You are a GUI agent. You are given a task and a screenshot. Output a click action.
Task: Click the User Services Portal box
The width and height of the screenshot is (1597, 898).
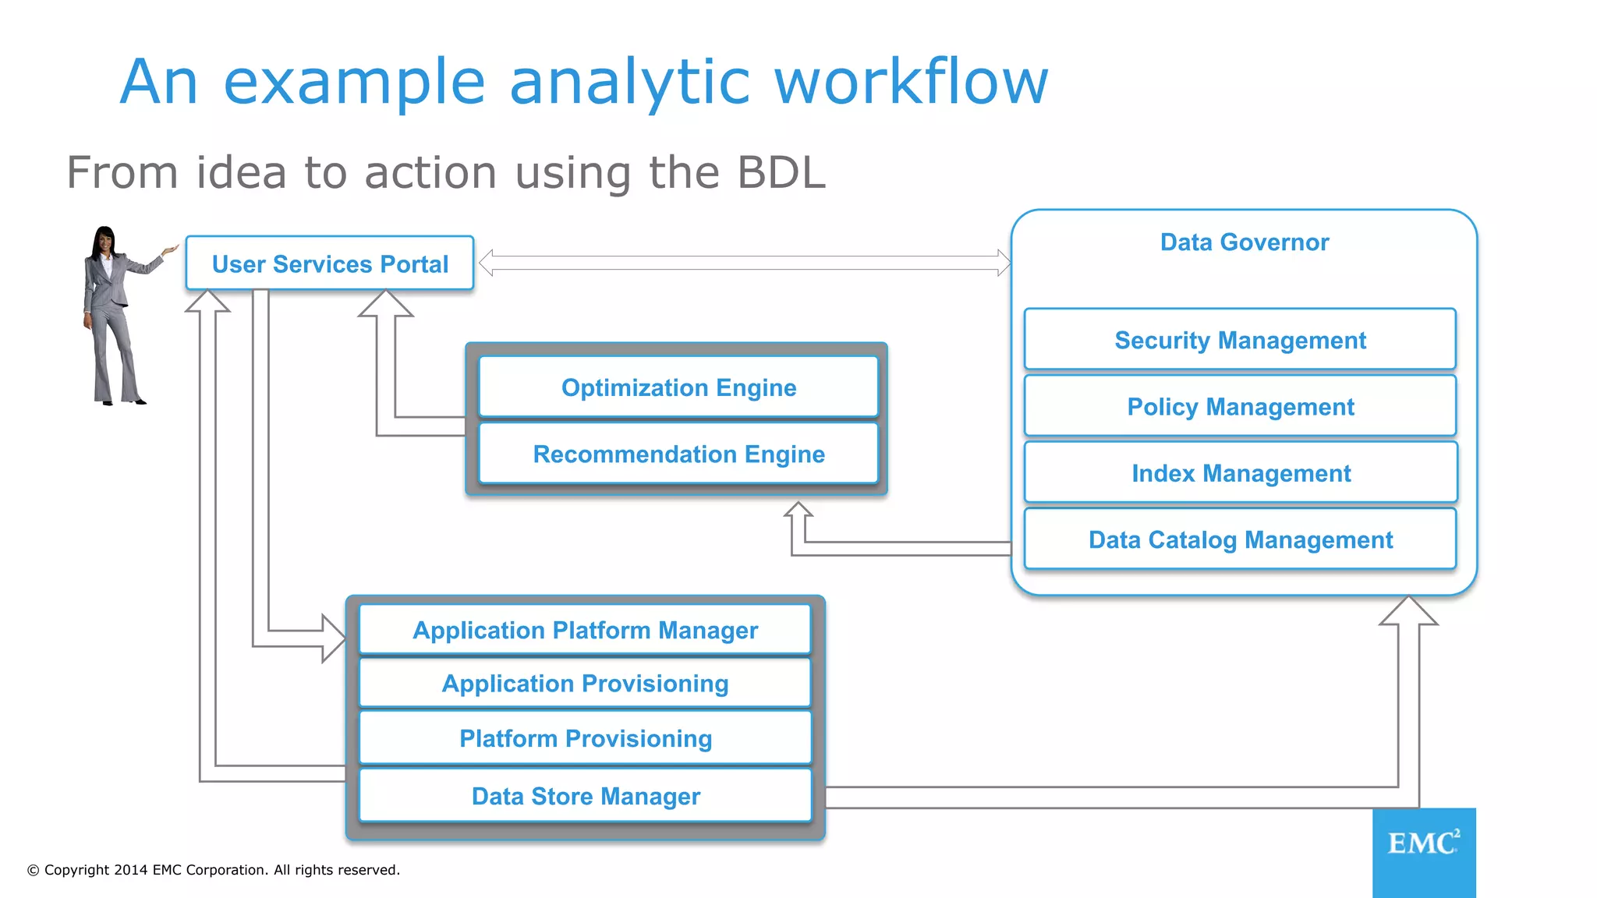330,263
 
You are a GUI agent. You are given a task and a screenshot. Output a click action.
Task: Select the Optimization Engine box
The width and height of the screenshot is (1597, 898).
678,387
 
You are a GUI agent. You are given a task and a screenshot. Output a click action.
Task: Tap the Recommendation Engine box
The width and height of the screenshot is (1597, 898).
678,454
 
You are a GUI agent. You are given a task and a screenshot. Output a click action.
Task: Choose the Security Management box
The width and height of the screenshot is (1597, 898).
1240,340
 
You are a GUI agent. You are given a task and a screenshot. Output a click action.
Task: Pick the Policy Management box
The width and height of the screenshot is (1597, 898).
1240,406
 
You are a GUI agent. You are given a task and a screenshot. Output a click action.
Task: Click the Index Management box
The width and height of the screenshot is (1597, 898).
1240,473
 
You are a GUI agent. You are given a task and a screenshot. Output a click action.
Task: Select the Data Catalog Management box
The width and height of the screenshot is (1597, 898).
1240,539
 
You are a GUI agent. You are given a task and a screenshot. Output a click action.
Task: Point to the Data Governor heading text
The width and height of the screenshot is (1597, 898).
1244,242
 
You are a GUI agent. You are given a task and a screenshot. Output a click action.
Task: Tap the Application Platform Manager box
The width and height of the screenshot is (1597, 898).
585,630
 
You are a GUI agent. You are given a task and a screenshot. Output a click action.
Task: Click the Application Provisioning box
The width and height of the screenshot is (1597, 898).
585,684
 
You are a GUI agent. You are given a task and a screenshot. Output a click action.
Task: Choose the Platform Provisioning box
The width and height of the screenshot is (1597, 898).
585,738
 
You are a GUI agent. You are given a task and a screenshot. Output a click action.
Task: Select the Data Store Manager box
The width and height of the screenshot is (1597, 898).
585,796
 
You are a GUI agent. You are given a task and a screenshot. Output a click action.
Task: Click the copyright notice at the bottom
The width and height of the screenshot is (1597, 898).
214,870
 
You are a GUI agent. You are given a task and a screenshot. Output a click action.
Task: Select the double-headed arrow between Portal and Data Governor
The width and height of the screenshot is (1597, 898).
745,263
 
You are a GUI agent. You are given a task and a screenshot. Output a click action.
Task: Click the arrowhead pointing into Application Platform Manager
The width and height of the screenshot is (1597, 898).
335,638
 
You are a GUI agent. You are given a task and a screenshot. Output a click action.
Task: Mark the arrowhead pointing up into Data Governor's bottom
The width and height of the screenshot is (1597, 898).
1408,611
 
